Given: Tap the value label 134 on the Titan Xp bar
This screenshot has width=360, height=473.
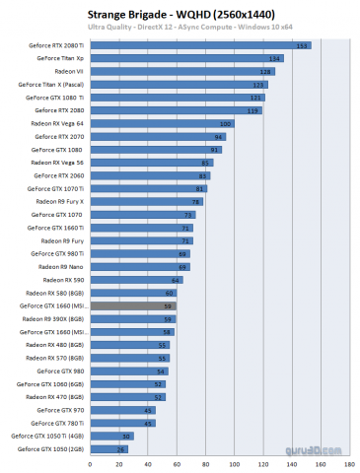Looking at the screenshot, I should point(277,59).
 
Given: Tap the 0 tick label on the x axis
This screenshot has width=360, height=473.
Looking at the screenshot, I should point(116,461).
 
